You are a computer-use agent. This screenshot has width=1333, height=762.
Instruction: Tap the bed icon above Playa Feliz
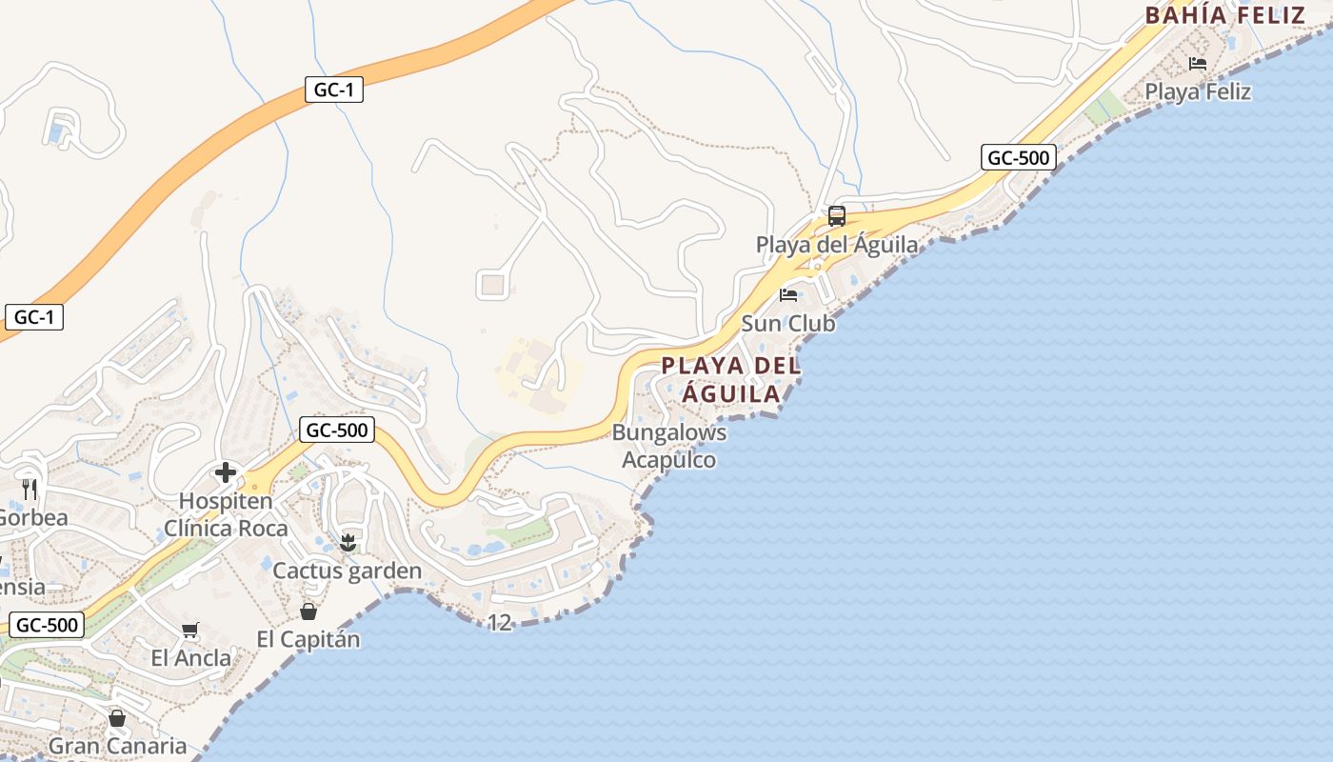[1198, 64]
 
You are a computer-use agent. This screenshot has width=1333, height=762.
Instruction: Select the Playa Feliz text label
[1198, 91]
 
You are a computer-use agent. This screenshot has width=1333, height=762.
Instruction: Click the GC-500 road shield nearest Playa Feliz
[1018, 157]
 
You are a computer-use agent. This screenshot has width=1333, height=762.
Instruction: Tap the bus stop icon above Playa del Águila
[836, 216]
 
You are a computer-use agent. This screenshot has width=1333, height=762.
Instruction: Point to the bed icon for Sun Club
[788, 294]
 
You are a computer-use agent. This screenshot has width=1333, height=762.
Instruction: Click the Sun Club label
[788, 324]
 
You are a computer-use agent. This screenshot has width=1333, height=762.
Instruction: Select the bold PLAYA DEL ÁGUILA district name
[731, 379]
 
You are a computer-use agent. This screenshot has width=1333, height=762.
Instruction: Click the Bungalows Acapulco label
[669, 446]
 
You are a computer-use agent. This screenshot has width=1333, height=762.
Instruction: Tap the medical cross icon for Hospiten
[226, 472]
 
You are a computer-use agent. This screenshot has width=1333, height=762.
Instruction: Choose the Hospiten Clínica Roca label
[226, 514]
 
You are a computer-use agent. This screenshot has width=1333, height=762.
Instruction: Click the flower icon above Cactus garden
[348, 543]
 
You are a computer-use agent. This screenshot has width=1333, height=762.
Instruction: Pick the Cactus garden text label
[348, 571]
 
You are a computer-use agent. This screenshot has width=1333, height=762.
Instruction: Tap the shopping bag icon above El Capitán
[308, 612]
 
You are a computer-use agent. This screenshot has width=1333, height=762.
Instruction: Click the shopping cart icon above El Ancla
[190, 630]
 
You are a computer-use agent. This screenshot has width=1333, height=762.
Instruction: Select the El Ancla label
[190, 658]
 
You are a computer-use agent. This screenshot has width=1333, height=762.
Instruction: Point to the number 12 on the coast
[499, 623]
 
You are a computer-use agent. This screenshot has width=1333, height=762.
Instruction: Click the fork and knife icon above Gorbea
[30, 490]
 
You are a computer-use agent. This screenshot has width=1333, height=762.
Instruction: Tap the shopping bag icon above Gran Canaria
[117, 718]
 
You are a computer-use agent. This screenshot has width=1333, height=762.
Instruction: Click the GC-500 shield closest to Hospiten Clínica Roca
[336, 430]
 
